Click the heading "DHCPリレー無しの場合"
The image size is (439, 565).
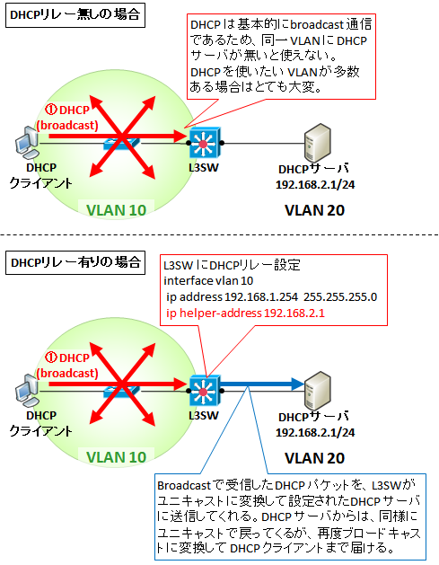tap(75, 14)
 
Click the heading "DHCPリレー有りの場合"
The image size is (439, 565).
tap(75, 262)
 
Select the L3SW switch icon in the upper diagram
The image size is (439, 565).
tap(205, 143)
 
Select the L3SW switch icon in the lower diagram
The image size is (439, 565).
tap(205, 390)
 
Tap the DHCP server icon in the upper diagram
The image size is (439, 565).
tap(317, 143)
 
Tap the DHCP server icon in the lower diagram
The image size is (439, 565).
tap(317, 391)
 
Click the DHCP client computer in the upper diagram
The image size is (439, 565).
tap(26, 142)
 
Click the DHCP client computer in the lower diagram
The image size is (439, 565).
tap(26, 390)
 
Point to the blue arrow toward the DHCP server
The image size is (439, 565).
tap(262, 384)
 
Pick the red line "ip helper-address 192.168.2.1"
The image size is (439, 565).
tap(245, 313)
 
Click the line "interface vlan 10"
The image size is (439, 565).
tap(208, 280)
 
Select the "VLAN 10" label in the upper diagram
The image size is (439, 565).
tap(117, 210)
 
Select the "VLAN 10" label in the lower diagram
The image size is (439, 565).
tap(117, 457)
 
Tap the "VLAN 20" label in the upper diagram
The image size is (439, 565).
tap(315, 210)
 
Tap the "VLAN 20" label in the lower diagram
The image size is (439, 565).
tap(315, 458)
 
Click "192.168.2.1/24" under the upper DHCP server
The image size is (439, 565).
tap(315, 185)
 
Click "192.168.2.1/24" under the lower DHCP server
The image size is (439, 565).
tap(315, 432)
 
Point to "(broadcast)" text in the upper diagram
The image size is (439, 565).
tap(67, 126)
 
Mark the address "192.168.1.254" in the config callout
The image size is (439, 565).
tap(261, 297)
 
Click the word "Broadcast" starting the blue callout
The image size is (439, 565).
tap(184, 486)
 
